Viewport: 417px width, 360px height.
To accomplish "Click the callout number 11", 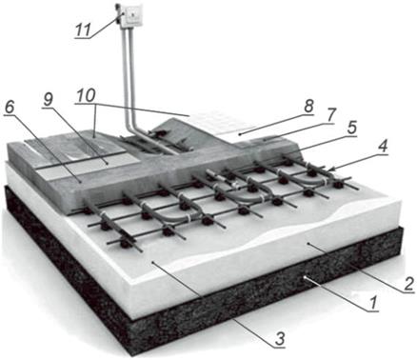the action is pyautogui.click(x=83, y=30).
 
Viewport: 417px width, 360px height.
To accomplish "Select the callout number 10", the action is pyautogui.click(x=85, y=96).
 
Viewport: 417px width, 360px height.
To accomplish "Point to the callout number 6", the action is pyautogui.click(x=10, y=108).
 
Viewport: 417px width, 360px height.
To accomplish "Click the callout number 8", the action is pyautogui.click(x=308, y=106).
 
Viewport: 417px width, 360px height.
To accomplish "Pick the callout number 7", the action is pyautogui.click(x=330, y=115).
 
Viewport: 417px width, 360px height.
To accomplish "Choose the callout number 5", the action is pyautogui.click(x=351, y=127).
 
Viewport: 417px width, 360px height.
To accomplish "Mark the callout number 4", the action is pyautogui.click(x=383, y=147).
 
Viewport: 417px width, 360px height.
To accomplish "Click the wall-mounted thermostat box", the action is pyautogui.click(x=131, y=16).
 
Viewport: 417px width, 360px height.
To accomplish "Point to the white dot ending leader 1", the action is pyautogui.click(x=304, y=277).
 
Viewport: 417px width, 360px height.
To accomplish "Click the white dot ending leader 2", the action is pyautogui.click(x=308, y=244).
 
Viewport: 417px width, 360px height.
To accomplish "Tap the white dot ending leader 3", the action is pyautogui.click(x=153, y=263).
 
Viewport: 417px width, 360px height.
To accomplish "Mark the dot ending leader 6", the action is pyautogui.click(x=80, y=182).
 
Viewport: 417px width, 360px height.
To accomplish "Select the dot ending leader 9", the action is pyautogui.click(x=108, y=163).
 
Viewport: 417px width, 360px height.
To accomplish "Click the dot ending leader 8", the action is pyautogui.click(x=240, y=134).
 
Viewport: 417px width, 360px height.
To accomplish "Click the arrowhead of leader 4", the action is pyautogui.click(x=330, y=170).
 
